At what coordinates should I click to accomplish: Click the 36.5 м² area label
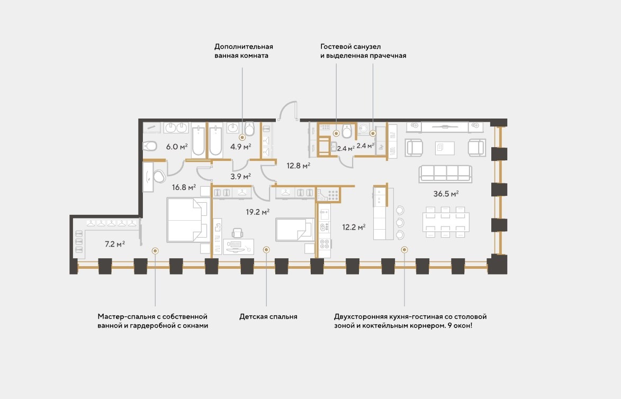point(446,194)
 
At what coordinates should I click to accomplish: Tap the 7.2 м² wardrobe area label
point(115,244)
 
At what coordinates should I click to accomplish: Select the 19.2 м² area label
point(257,212)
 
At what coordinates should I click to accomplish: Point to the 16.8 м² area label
point(184,187)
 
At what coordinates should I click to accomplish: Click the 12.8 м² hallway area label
point(298,166)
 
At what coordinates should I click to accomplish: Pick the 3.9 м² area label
point(240,177)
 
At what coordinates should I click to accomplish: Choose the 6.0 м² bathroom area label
point(177,147)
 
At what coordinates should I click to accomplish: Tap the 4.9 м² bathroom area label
point(241,147)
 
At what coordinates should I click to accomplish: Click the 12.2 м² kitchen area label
point(354,227)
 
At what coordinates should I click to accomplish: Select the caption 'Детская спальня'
point(268,316)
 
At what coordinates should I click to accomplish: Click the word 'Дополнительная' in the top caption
point(244,47)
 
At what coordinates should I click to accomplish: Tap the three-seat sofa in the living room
point(446,174)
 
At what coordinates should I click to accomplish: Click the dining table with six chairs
point(446,222)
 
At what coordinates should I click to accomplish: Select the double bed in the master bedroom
point(188,220)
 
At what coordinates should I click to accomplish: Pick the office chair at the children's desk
point(238,233)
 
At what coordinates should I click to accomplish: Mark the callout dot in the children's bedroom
point(266,250)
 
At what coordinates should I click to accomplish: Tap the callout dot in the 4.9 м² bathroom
point(242,138)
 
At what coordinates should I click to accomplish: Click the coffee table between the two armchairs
point(445,148)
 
